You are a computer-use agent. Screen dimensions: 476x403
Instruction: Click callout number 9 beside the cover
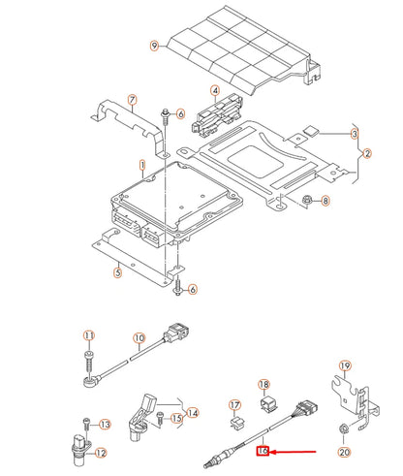153,46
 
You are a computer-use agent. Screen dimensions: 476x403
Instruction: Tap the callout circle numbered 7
133,99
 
